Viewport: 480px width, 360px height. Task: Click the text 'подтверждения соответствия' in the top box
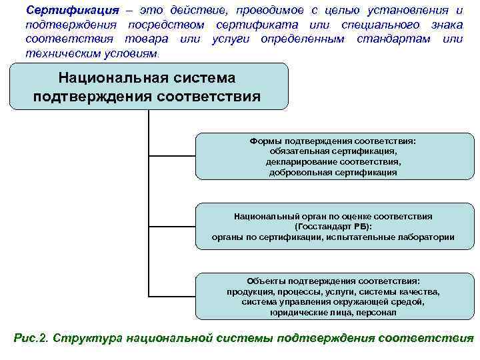(147, 96)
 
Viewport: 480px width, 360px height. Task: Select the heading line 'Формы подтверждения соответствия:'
(333, 141)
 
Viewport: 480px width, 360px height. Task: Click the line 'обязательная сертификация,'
(333, 151)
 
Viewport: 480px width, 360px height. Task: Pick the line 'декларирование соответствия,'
(333, 162)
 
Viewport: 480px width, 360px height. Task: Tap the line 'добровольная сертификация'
(333, 172)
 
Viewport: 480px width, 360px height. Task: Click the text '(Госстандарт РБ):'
(333, 227)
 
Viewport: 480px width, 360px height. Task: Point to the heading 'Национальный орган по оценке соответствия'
(333, 217)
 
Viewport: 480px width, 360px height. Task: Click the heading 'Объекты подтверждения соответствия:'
(333, 281)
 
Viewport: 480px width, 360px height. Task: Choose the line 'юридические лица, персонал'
(333, 312)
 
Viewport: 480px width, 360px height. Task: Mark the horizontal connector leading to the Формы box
(171, 157)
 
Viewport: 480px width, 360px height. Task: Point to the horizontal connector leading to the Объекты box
(171, 296)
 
